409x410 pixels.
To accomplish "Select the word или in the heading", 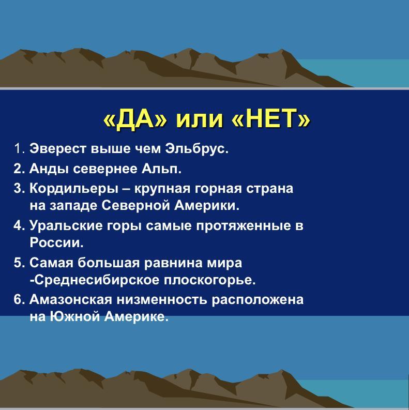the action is [199, 120].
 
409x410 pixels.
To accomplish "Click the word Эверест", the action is [58, 148].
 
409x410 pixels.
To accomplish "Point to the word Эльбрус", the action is [197, 149].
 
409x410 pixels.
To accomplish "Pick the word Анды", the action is [49, 169].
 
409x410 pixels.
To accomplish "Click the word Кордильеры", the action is [74, 189].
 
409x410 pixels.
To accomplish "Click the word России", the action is [56, 242].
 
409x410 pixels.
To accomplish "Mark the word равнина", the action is [173, 263].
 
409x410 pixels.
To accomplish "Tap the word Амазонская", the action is [71, 299].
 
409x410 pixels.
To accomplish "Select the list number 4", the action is [19, 225].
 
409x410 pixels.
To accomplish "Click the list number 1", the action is [20, 148].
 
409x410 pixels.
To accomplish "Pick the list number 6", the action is [19, 299].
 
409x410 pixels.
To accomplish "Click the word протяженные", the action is [243, 225].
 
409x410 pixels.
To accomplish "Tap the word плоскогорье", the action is [209, 280].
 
